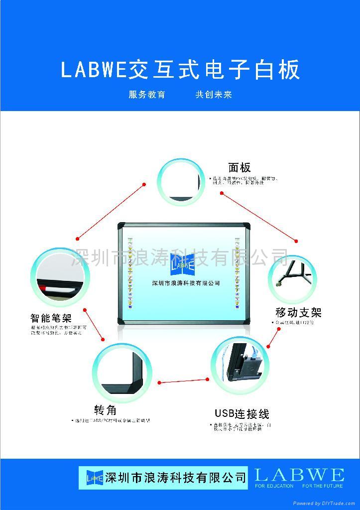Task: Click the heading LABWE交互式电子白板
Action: tap(180, 70)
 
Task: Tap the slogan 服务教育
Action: tap(147, 95)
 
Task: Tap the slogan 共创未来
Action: tap(214, 95)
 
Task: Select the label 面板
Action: tap(240, 168)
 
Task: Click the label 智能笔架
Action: tap(51, 317)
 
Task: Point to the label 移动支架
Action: tap(298, 312)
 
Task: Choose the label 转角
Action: tap(105, 410)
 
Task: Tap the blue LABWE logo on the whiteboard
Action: tap(182, 261)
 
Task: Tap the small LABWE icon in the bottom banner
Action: tap(94, 478)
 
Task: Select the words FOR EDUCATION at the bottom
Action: tap(274, 486)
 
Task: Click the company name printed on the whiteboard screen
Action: tap(186, 283)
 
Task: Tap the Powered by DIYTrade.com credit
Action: tap(325, 504)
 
